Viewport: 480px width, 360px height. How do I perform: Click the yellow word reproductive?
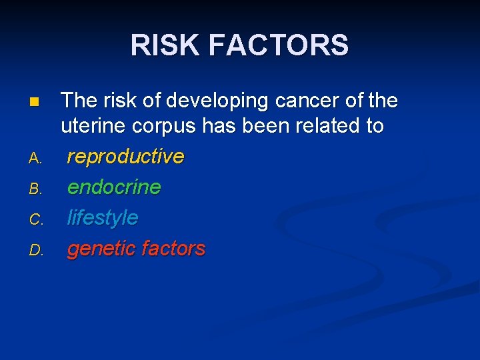pyautogui.click(x=125, y=157)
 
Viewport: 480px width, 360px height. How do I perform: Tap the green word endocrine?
pyautogui.click(x=114, y=187)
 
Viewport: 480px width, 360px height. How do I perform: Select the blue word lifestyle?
pyautogui.click(x=103, y=218)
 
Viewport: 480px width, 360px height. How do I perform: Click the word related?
pyautogui.click(x=329, y=125)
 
